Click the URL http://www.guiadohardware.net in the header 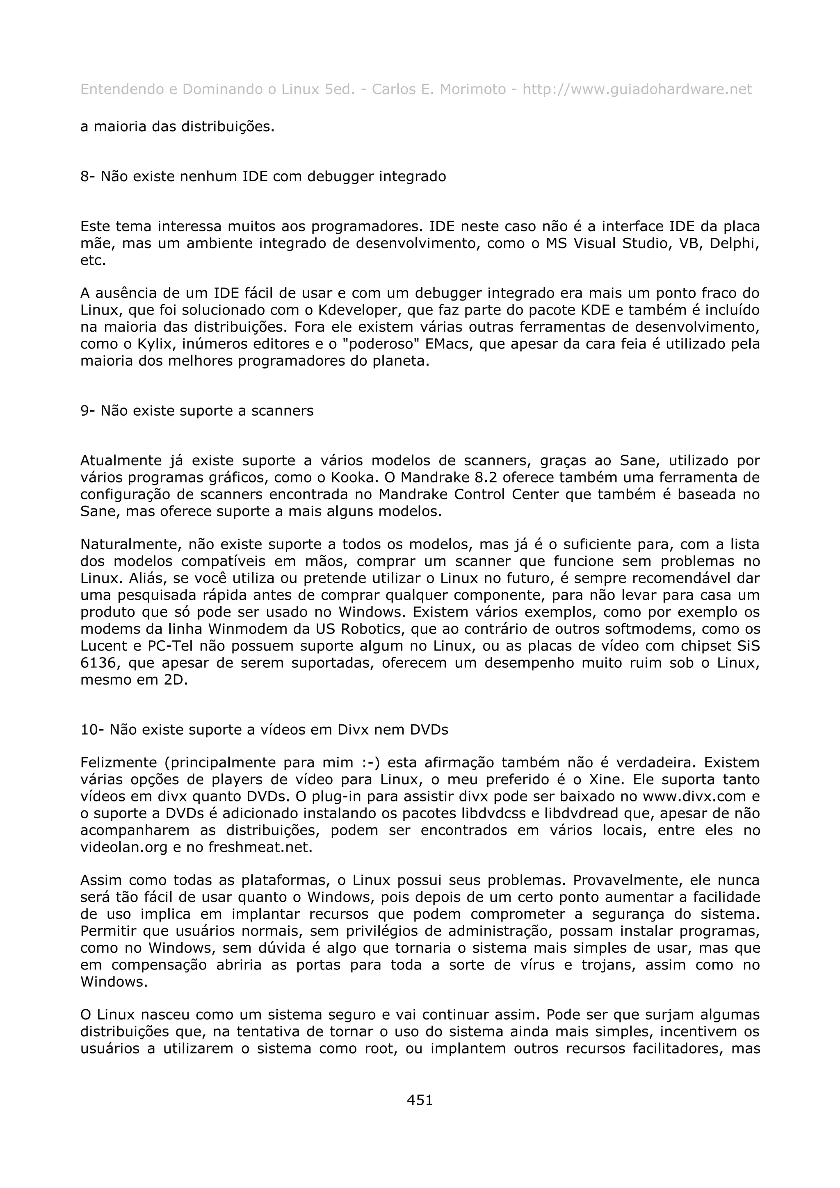637,89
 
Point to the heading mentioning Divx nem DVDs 264,730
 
